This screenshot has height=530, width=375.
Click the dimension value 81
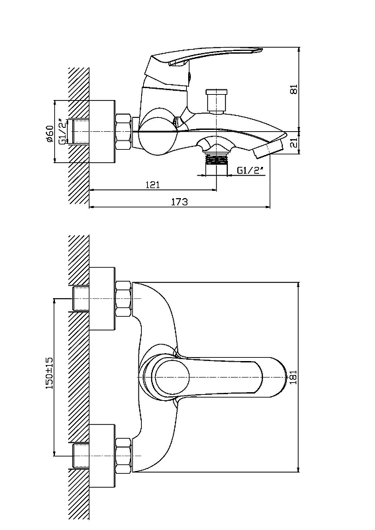point(294,89)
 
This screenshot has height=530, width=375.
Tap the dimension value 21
point(294,143)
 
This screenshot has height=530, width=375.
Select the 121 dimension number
point(152,185)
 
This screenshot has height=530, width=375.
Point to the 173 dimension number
point(179,202)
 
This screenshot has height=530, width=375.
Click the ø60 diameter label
point(50,134)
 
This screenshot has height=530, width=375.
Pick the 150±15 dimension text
point(50,373)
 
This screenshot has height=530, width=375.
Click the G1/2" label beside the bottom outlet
point(250,170)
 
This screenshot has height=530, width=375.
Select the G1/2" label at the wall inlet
point(62,132)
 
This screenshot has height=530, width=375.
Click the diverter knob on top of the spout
point(217,101)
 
